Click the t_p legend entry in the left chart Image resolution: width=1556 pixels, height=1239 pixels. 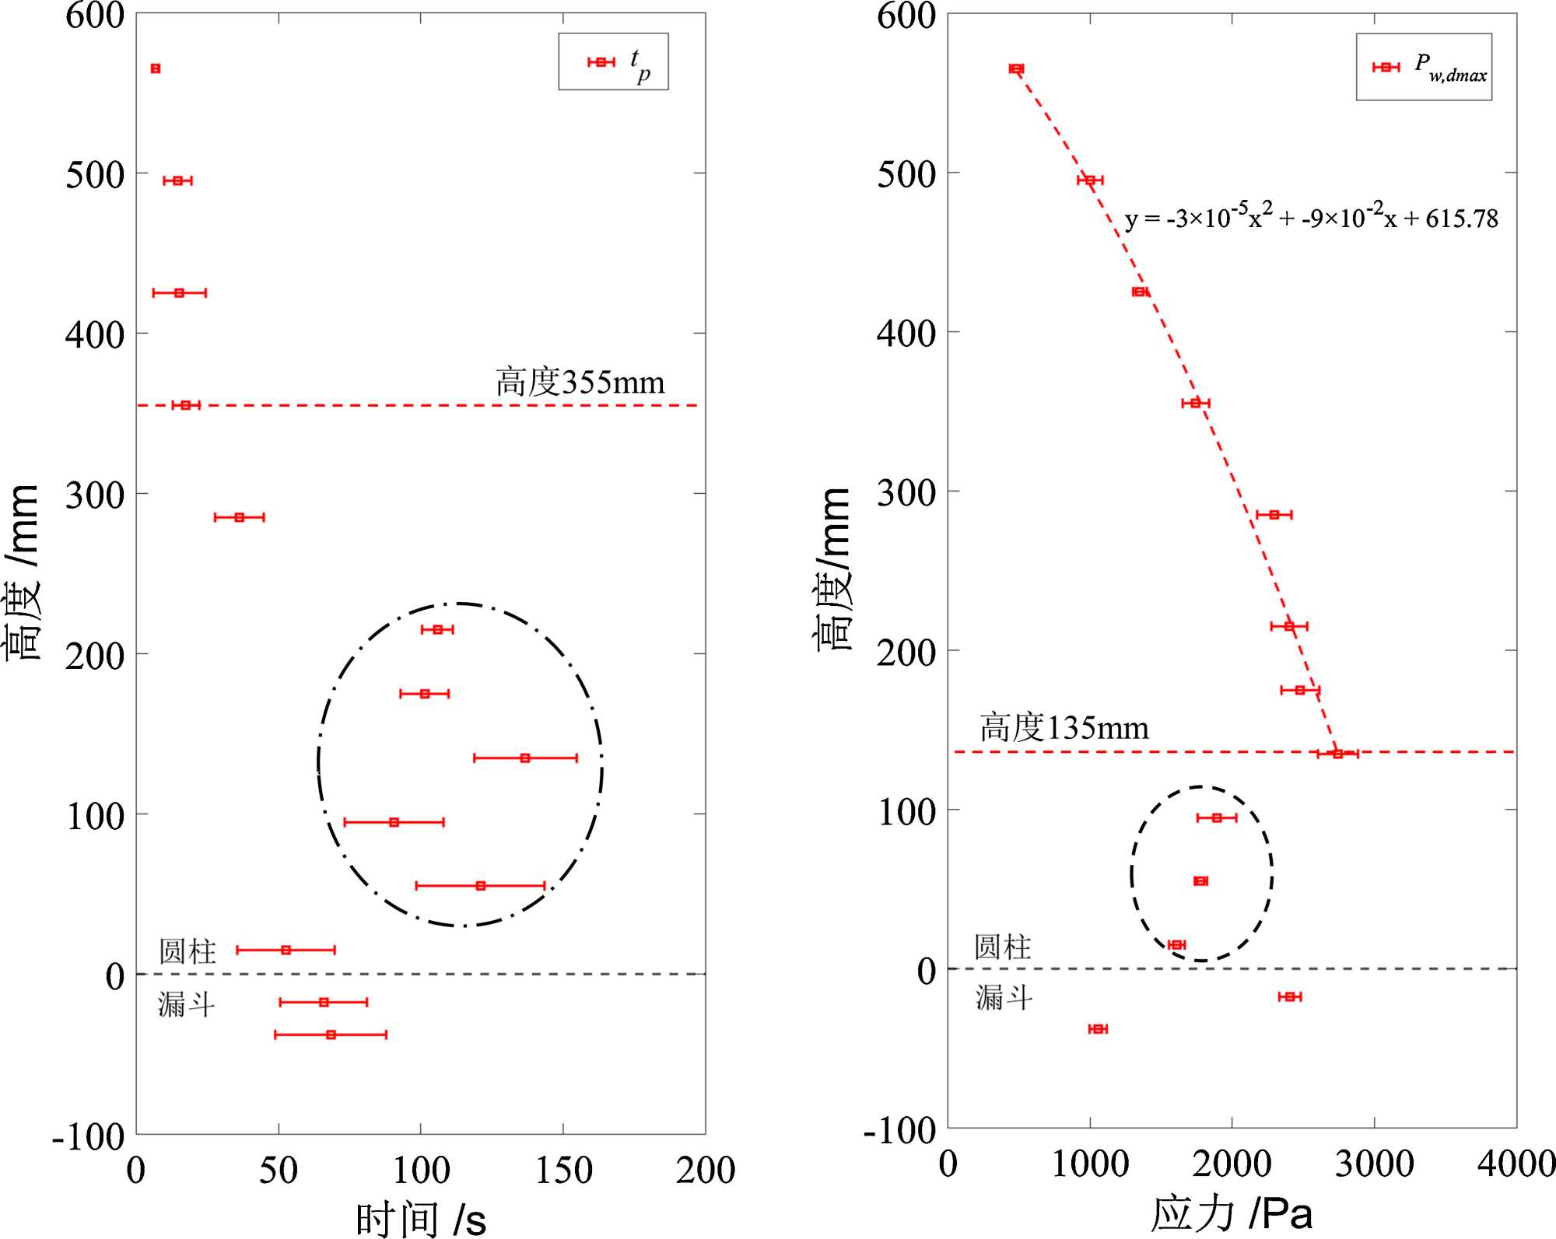(615, 62)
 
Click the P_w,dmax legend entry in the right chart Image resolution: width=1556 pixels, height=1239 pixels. (1425, 68)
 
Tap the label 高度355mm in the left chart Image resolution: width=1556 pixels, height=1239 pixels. (580, 383)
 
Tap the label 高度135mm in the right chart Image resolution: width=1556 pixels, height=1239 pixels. (1064, 728)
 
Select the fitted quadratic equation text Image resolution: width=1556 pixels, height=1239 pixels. (1311, 218)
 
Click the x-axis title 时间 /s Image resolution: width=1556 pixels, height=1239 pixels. (421, 1217)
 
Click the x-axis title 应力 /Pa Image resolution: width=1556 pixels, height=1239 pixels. (1232, 1213)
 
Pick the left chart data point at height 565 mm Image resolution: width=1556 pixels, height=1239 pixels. (156, 68)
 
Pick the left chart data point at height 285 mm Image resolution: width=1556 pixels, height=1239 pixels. (239, 517)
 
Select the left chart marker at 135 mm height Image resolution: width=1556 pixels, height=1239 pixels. (525, 758)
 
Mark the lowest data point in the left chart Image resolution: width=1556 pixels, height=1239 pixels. (331, 1034)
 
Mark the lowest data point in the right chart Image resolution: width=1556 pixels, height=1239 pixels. (1098, 1029)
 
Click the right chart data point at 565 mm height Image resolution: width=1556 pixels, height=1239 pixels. (1016, 68)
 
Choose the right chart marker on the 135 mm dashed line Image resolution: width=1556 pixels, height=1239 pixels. (1337, 753)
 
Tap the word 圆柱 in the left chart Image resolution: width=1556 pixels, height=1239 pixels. (187, 950)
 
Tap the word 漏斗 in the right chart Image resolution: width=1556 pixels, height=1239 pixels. (1004, 996)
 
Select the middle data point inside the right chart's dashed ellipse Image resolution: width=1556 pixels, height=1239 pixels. (1200, 881)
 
